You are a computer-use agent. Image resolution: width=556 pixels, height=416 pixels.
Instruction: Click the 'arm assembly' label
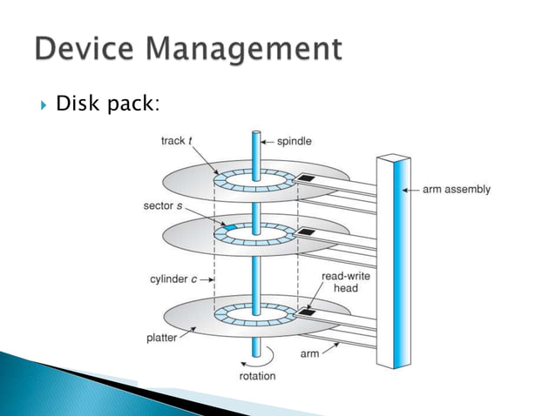(457, 189)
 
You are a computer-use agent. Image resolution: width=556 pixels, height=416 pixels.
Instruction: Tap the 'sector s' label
(164, 206)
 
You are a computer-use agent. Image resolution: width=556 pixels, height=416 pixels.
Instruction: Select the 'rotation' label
(257, 376)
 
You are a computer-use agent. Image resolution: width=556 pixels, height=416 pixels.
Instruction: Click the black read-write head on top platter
(307, 178)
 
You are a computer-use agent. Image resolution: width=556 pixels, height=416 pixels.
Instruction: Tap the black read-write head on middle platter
(307, 232)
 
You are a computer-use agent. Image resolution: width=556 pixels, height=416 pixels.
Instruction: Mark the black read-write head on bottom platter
(307, 309)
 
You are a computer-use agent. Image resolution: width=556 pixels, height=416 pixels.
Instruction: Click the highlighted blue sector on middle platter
(232, 229)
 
